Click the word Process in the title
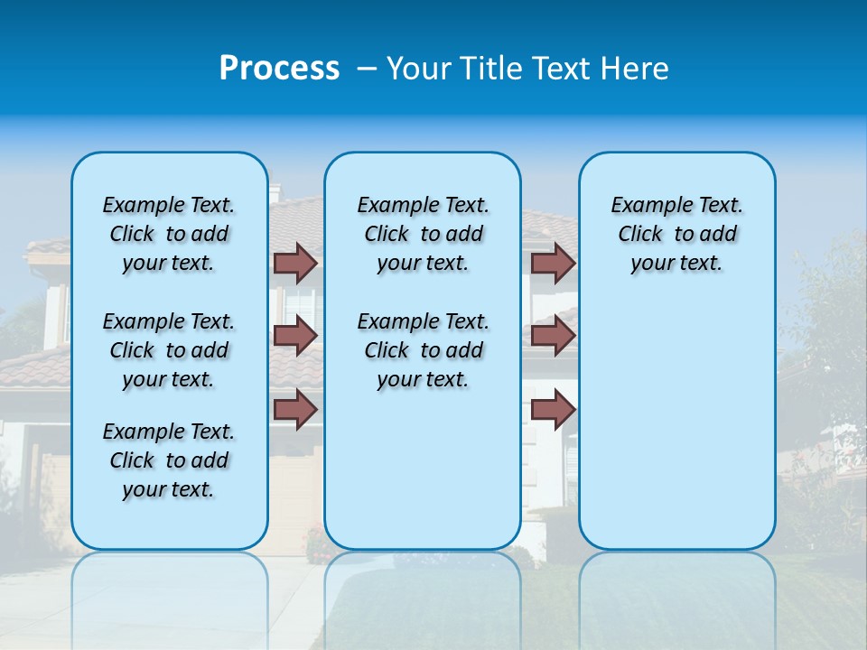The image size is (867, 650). point(279,69)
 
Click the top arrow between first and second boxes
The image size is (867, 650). point(295,263)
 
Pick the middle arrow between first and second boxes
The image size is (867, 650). point(295,336)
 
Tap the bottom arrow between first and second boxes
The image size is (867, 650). point(295,409)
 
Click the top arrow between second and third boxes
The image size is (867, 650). point(553,263)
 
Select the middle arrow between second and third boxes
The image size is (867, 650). point(553,336)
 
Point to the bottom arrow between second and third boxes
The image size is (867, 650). point(553,409)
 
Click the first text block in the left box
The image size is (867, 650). point(169,234)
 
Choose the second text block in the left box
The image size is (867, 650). point(169,350)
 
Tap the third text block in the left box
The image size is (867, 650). point(169,460)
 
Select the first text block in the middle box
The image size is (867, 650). point(423,234)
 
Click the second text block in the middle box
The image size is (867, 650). point(423,350)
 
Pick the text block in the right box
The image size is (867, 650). point(676,234)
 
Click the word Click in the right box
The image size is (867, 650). point(640,235)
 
